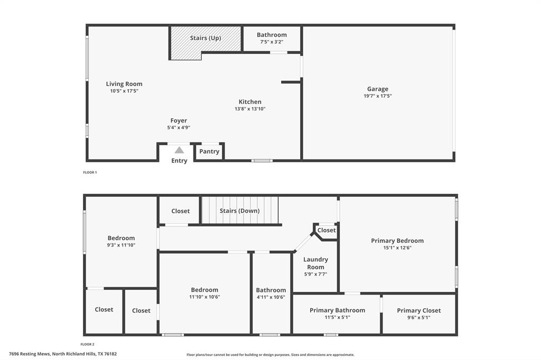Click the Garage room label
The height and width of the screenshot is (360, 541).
(x=378, y=89)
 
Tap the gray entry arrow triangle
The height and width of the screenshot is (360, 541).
(x=180, y=150)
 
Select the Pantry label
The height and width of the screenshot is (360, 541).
(x=209, y=151)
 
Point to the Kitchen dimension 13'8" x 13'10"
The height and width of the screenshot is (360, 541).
(x=250, y=109)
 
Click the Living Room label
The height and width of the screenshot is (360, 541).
(x=124, y=84)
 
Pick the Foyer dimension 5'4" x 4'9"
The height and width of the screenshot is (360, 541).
(x=179, y=127)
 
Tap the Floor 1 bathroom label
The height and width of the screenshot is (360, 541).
(x=272, y=35)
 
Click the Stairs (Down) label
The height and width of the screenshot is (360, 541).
(x=239, y=211)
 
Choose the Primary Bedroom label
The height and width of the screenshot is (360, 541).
(x=397, y=241)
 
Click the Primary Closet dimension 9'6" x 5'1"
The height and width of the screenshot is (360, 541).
(x=418, y=317)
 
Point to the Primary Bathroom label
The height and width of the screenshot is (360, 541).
(x=337, y=310)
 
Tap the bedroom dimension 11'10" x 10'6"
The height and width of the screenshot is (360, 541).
(x=204, y=297)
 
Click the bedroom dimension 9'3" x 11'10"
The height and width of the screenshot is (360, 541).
(x=121, y=245)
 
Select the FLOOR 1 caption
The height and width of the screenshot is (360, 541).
(x=90, y=172)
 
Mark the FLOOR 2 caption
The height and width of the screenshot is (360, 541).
(x=88, y=344)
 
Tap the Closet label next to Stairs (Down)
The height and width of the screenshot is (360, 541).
(x=180, y=211)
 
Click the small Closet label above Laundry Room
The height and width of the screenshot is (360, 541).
(x=327, y=230)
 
